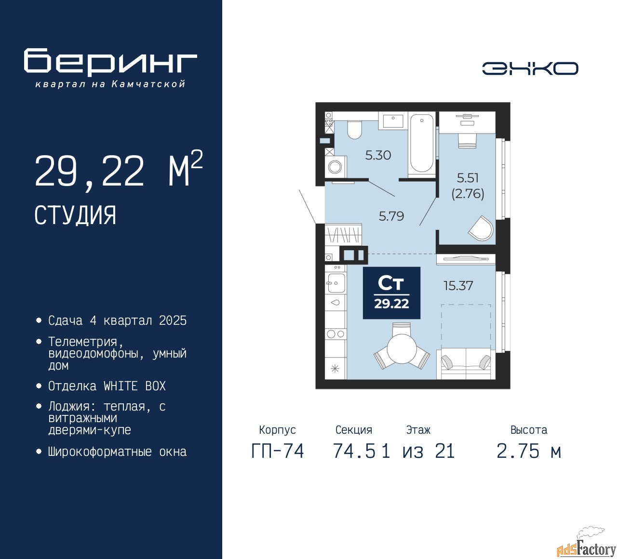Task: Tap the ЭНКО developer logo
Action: [x=530, y=68]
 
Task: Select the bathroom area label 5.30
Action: [x=378, y=155]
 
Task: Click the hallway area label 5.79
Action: [x=391, y=216]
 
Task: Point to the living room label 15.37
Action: [x=458, y=286]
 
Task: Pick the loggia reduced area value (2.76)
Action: [x=468, y=194]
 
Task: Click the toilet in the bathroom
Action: [x=354, y=130]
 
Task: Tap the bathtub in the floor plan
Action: [x=422, y=143]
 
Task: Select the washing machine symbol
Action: [x=335, y=167]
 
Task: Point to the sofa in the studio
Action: [x=466, y=364]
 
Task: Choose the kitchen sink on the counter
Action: [x=335, y=283]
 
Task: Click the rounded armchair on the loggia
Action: [x=481, y=228]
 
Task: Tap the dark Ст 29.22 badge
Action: [x=391, y=293]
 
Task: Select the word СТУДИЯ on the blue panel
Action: [x=75, y=215]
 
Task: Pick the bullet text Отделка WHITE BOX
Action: [x=107, y=386]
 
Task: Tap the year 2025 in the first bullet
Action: [x=173, y=321]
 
